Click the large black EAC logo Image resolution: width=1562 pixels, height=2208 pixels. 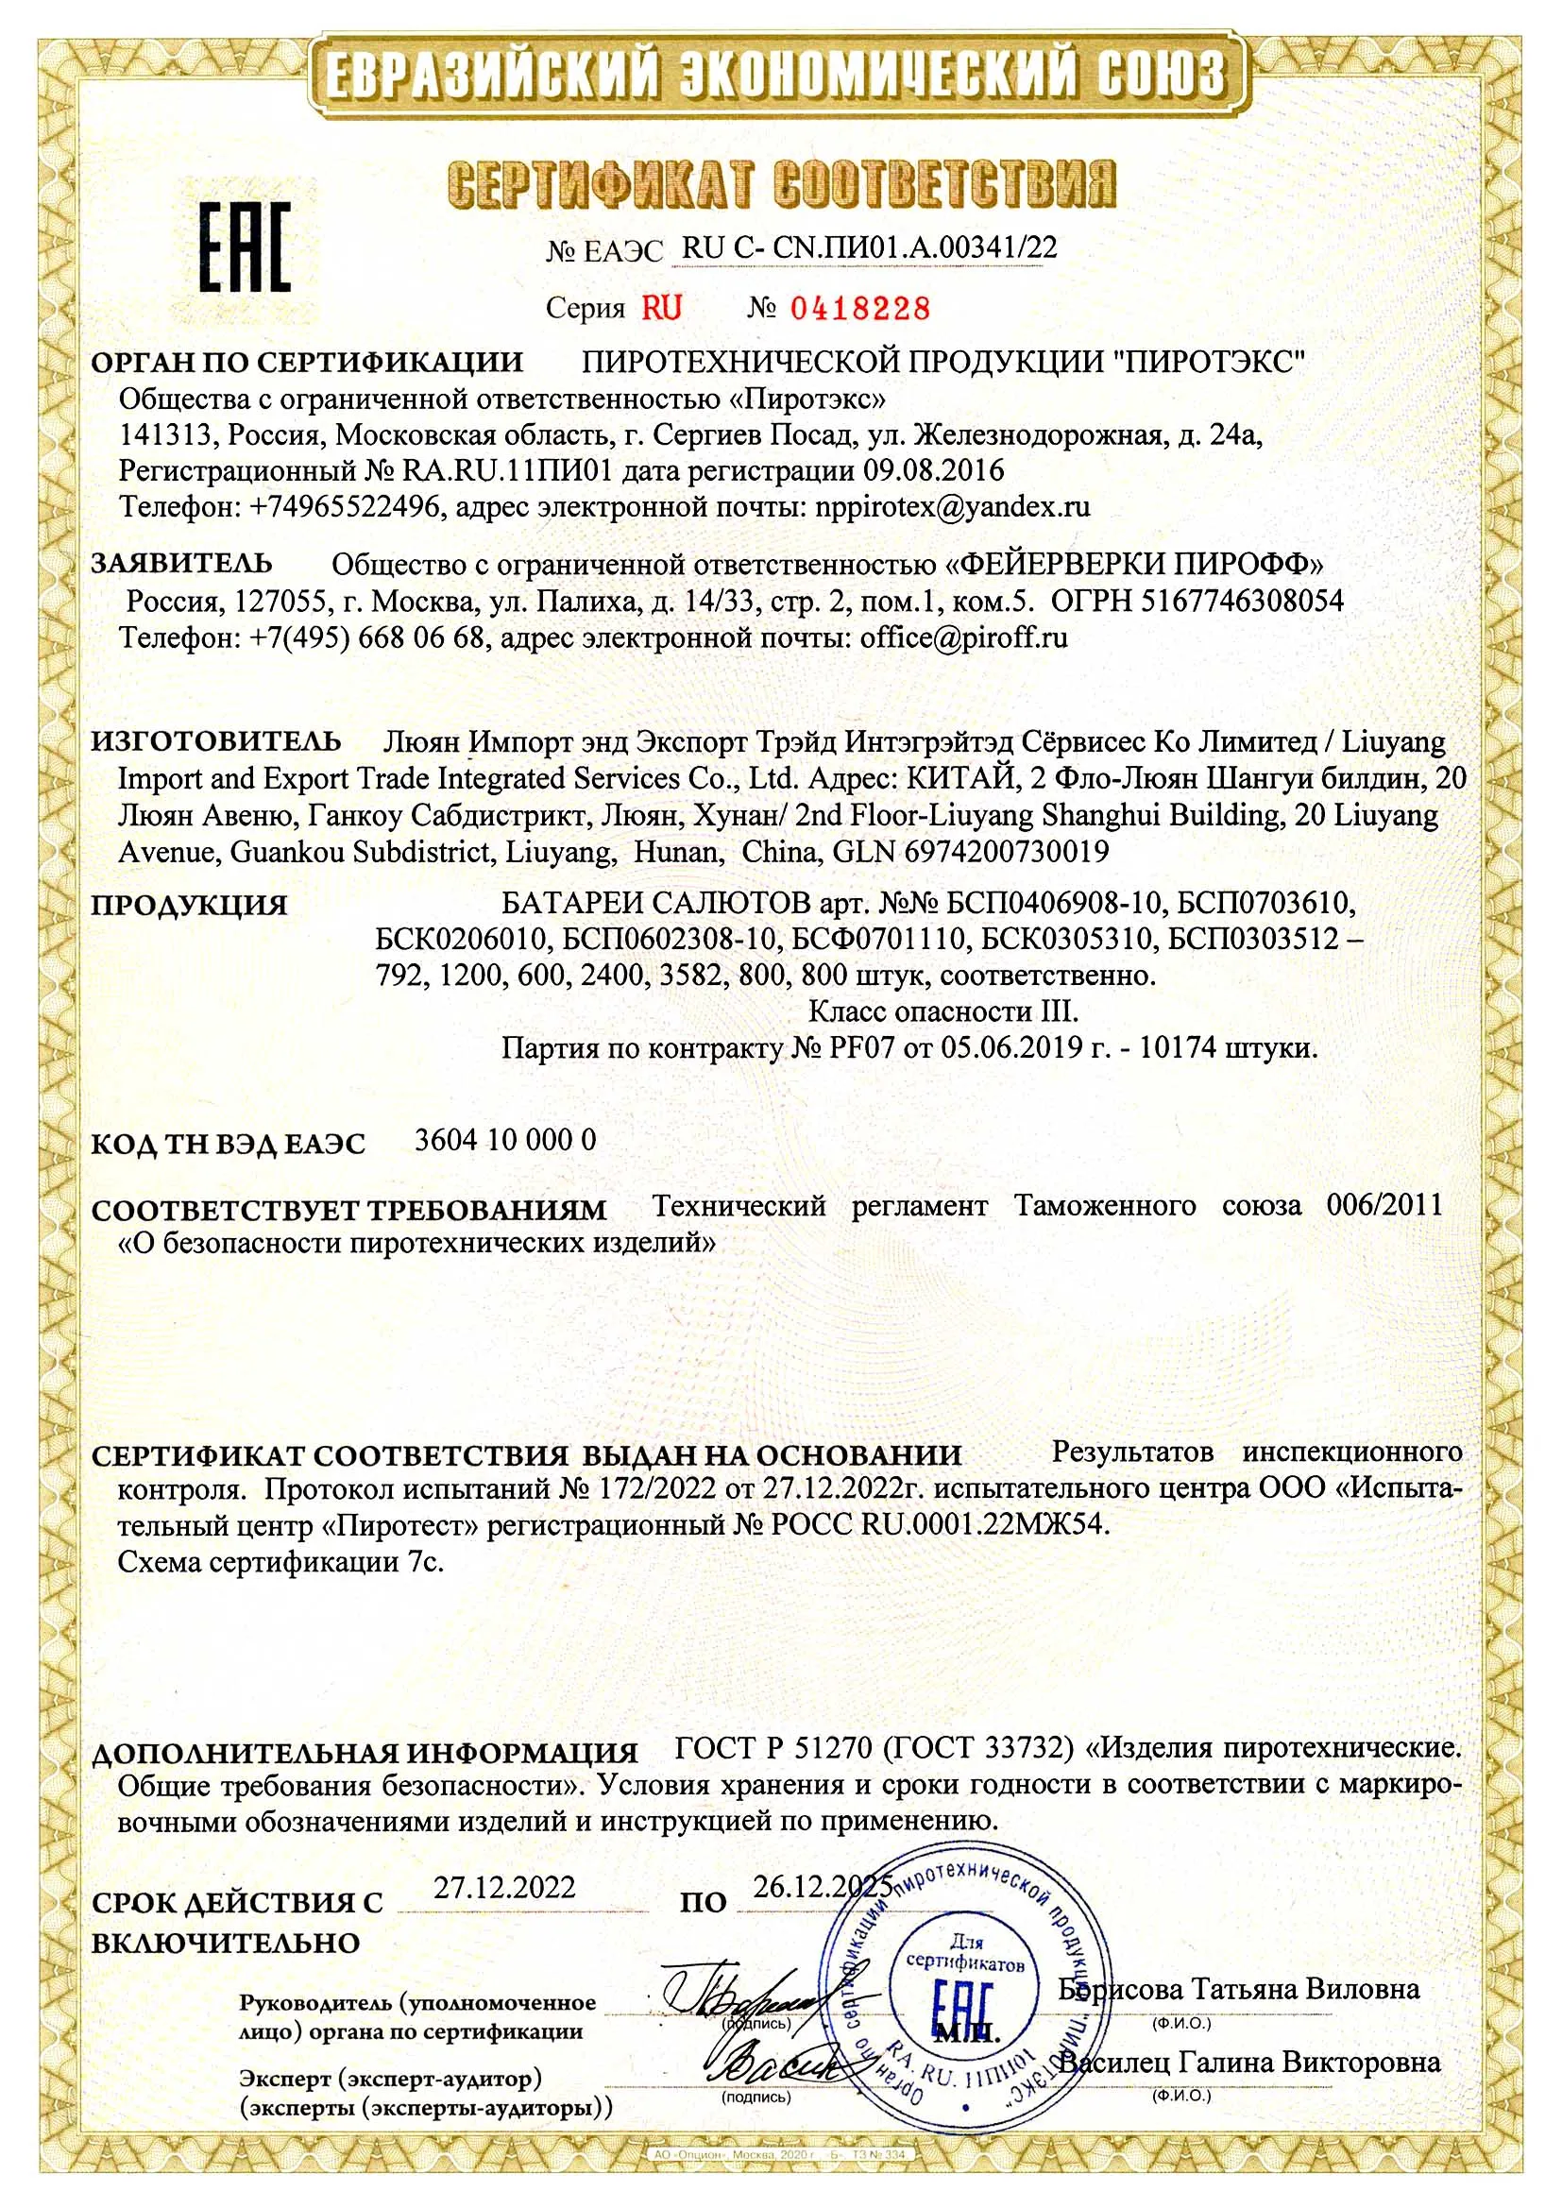coord(245,248)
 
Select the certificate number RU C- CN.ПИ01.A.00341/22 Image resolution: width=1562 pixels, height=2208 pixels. coord(870,248)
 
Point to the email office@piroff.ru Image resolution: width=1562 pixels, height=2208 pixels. coord(964,637)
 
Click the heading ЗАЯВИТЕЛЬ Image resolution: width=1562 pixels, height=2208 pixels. coord(181,563)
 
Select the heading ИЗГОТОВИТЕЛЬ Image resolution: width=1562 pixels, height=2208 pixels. coord(216,741)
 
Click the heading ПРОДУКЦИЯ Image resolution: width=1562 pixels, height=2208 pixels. coord(190,905)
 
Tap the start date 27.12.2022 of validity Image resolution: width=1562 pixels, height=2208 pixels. coord(504,1887)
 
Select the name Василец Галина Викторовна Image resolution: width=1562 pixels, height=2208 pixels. coord(1250,2062)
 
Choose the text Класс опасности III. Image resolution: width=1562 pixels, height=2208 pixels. coord(943,1011)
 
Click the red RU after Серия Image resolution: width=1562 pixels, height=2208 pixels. coord(662,309)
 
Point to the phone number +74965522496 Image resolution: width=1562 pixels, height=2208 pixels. coord(348,507)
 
